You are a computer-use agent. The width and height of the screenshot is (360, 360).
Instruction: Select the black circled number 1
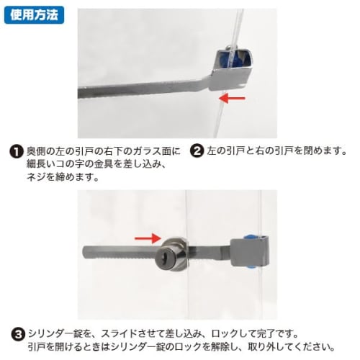coord(15,152)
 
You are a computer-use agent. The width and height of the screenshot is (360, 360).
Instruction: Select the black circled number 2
coord(196,152)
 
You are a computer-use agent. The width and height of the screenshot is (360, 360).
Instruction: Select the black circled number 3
coord(15,334)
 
